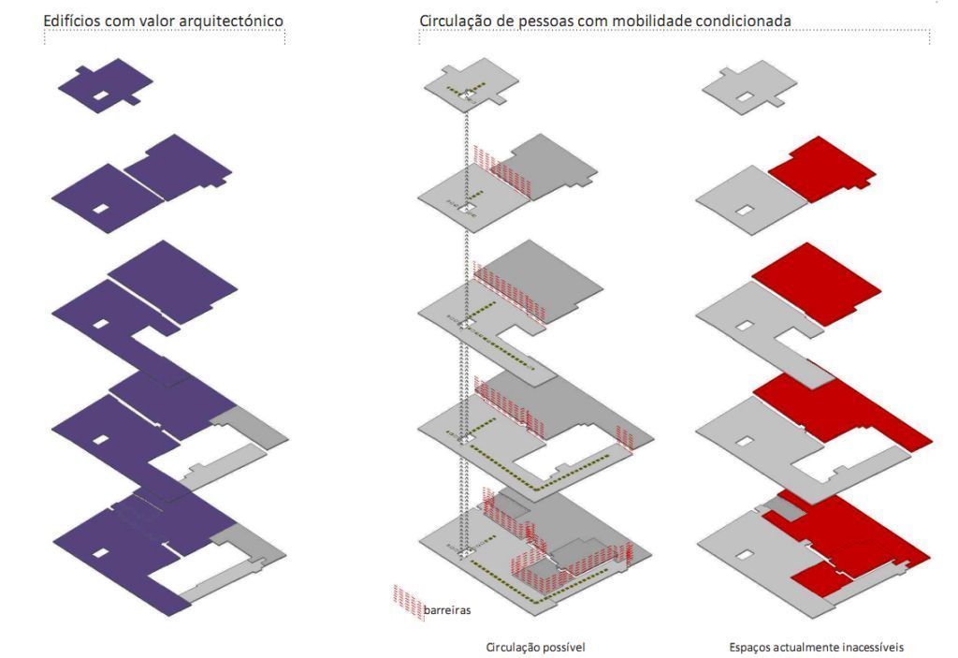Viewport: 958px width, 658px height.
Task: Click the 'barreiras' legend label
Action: [447, 610]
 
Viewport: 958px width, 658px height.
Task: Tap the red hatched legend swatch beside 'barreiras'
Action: [407, 601]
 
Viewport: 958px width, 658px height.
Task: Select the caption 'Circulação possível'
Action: [536, 647]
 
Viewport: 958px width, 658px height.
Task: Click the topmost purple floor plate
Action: [105, 84]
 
